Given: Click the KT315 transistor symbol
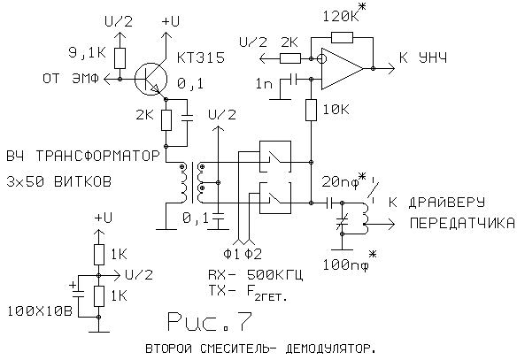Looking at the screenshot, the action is pos(151,80).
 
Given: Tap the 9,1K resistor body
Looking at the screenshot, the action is pos(120,58).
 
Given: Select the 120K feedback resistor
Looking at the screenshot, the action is pos(342,37).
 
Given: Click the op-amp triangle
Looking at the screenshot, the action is pos(343,68).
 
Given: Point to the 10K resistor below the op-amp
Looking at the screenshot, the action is pos(311,110).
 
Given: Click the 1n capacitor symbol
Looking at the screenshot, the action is pos(293,79).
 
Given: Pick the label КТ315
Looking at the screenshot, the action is pos(201,57).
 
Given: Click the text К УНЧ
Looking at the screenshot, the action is pos(423,58).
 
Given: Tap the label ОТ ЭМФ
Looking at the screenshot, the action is pos(71,79).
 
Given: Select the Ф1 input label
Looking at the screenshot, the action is pos(231,254).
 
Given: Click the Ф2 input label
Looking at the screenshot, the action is pos(253,254).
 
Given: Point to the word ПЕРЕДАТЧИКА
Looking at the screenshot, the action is pos(462,223).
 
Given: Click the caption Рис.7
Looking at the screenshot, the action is pos(210,321).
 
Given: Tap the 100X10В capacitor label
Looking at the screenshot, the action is pos(40,311).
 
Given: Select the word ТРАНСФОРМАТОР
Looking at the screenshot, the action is pos(97,156).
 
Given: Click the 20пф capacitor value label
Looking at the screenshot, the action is pos(343,180).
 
